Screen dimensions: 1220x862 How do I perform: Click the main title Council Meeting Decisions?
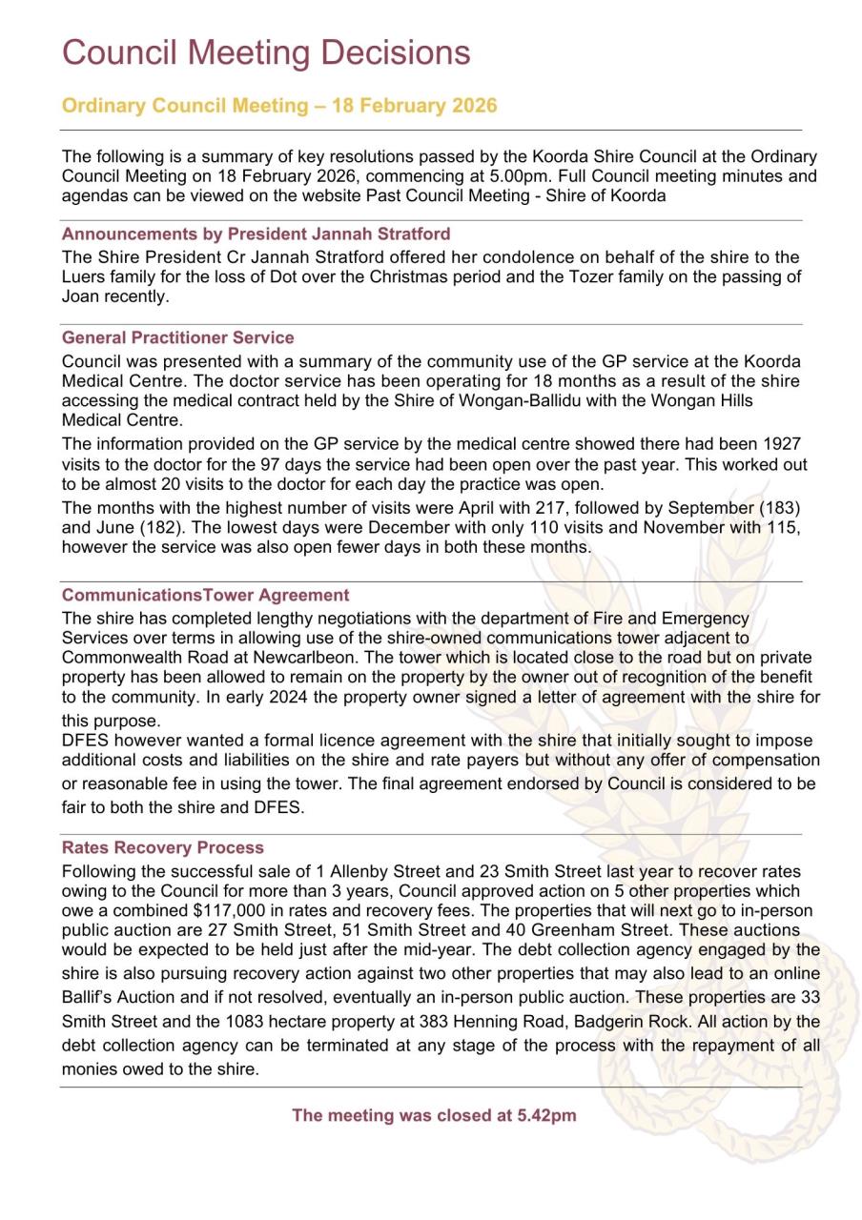pos(266,52)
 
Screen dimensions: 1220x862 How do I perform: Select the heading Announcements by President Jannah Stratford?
pos(256,234)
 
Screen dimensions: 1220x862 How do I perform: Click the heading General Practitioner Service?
pos(177,337)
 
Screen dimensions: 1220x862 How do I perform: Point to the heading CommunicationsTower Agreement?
pos(205,595)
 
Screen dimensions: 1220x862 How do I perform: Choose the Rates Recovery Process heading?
pos(162,847)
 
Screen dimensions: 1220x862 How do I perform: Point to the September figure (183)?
pos(778,507)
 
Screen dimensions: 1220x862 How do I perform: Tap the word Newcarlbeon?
pos(345,657)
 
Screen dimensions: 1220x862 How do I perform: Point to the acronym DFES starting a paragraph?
pos(86,740)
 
